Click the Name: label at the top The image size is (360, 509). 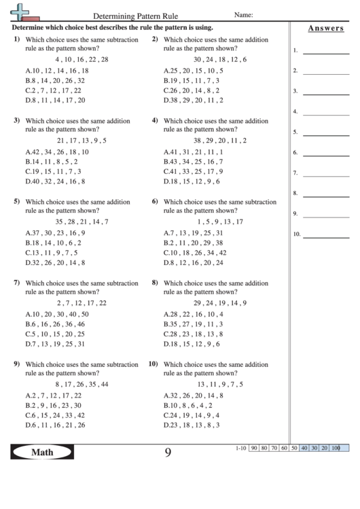[243, 14]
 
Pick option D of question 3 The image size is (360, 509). [55, 181]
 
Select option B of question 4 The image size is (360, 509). [193, 162]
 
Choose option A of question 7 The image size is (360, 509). [57, 314]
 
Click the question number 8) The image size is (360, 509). [155, 283]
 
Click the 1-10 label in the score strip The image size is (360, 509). [240, 449]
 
